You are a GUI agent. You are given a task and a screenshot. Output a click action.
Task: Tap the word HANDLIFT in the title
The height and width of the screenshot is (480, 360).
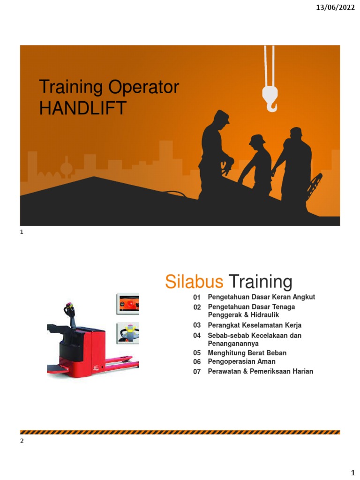click(82, 108)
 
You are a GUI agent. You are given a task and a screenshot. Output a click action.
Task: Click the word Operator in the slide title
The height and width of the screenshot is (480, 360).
click(143, 87)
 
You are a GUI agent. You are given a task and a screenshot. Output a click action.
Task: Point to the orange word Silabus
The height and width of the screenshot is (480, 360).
click(194, 282)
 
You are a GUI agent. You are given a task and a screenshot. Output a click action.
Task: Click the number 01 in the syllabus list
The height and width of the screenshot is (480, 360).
click(197, 298)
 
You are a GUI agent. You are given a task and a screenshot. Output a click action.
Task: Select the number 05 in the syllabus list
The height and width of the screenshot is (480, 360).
click(197, 353)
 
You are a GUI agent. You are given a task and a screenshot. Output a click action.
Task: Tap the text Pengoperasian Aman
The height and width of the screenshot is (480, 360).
click(241, 362)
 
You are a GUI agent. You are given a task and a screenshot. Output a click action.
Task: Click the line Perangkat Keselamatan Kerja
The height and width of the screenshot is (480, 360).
click(255, 325)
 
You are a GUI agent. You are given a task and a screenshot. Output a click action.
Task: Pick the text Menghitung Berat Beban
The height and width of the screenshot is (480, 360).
click(247, 353)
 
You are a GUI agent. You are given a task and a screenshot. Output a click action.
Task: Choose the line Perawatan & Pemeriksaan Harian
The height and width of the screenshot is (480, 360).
click(260, 371)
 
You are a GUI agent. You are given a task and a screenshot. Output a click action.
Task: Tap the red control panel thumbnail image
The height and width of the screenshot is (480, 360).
click(127, 304)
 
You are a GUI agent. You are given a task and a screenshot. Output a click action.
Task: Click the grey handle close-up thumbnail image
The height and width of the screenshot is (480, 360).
click(127, 332)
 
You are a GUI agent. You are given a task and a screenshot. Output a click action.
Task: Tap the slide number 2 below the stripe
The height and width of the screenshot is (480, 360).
click(22, 441)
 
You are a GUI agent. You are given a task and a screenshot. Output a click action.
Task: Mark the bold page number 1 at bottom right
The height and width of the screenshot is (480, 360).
click(353, 471)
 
